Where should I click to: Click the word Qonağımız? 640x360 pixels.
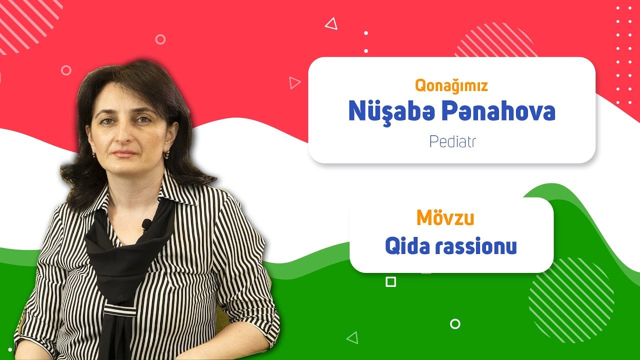tap(451, 85)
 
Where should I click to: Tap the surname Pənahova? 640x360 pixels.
tap(498, 110)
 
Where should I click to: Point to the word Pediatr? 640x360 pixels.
tap(452, 141)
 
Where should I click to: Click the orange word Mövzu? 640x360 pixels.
tap(445, 217)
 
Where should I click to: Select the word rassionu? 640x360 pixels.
tap(476, 246)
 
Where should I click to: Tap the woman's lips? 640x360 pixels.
tap(124, 153)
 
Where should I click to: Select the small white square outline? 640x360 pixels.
tap(391, 282)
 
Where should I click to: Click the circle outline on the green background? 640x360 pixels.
tap(455, 324)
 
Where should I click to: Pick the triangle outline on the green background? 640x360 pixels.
tap(353, 337)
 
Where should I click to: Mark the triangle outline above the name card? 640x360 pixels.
tap(331, 23)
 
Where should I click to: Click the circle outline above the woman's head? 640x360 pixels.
tap(160, 39)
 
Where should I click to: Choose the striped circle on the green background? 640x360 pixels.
tap(571, 300)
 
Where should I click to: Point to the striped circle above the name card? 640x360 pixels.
tap(495, 40)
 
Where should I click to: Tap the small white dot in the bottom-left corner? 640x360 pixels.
tap(10, 349)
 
